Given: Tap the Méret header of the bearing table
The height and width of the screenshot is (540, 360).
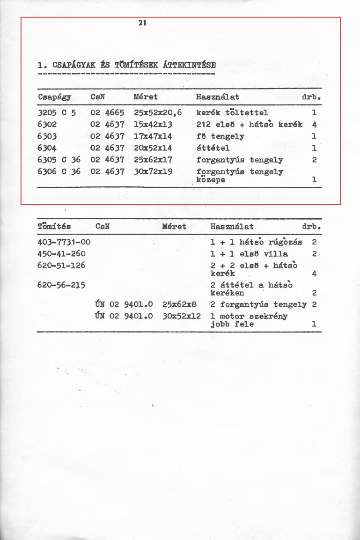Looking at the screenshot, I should pyautogui.click(x=146, y=97).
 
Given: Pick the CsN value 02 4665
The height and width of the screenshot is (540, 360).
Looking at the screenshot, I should pyautogui.click(x=108, y=113).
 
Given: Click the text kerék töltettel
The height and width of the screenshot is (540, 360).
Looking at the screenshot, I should pyautogui.click(x=232, y=113).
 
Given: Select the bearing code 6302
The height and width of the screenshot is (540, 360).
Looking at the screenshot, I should pyautogui.click(x=47, y=125).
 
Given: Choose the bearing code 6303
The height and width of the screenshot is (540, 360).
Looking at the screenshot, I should pyautogui.click(x=47, y=136).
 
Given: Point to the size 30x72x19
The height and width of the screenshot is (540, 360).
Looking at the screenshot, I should pyautogui.click(x=154, y=171).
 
